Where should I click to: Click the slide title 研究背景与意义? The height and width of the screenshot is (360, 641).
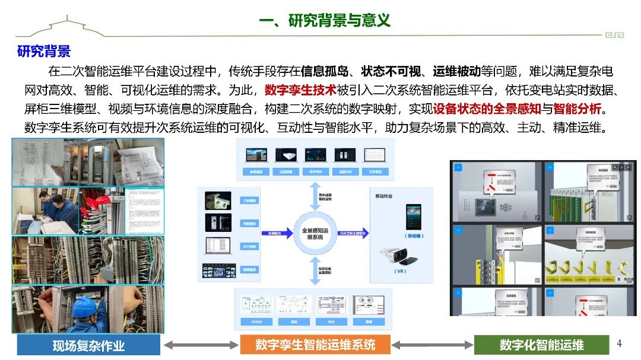pyautogui.click(x=325, y=20)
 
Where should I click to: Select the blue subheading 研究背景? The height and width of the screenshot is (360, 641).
pyautogui.click(x=44, y=51)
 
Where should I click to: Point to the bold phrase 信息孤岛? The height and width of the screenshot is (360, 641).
pyautogui.click(x=324, y=71)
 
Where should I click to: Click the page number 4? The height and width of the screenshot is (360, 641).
pyautogui.click(x=619, y=343)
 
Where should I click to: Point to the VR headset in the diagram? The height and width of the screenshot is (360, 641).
pyautogui.click(x=398, y=255)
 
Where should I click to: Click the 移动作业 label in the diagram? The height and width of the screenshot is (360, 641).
pyautogui.click(x=384, y=196)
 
